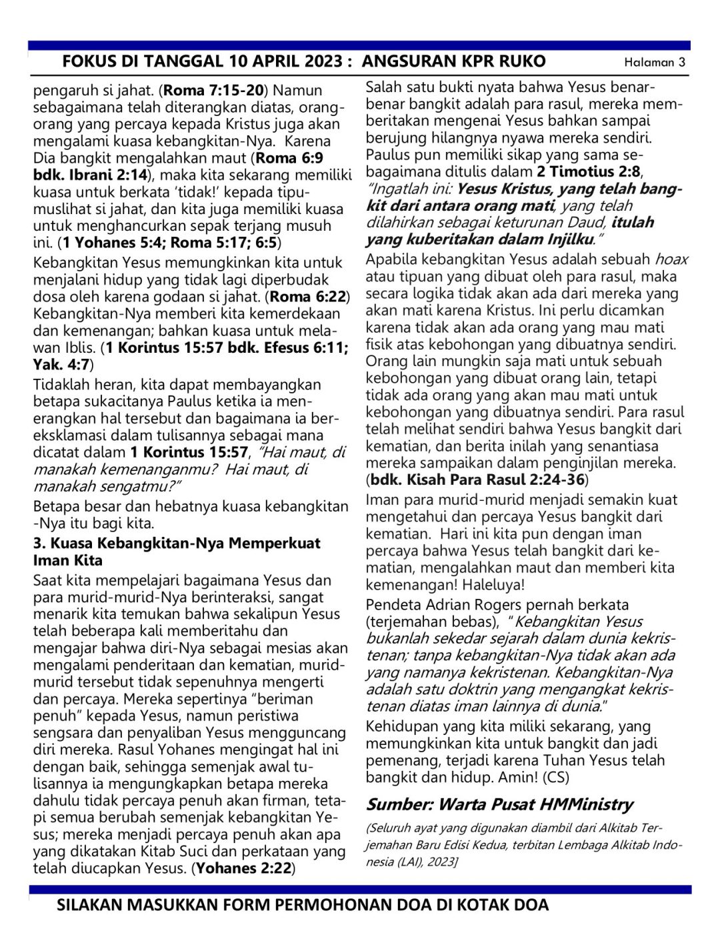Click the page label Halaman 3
click(654, 63)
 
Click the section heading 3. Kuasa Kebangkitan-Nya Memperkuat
click(177, 543)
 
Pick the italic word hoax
click(671, 259)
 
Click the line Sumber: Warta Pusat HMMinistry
click(499, 804)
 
